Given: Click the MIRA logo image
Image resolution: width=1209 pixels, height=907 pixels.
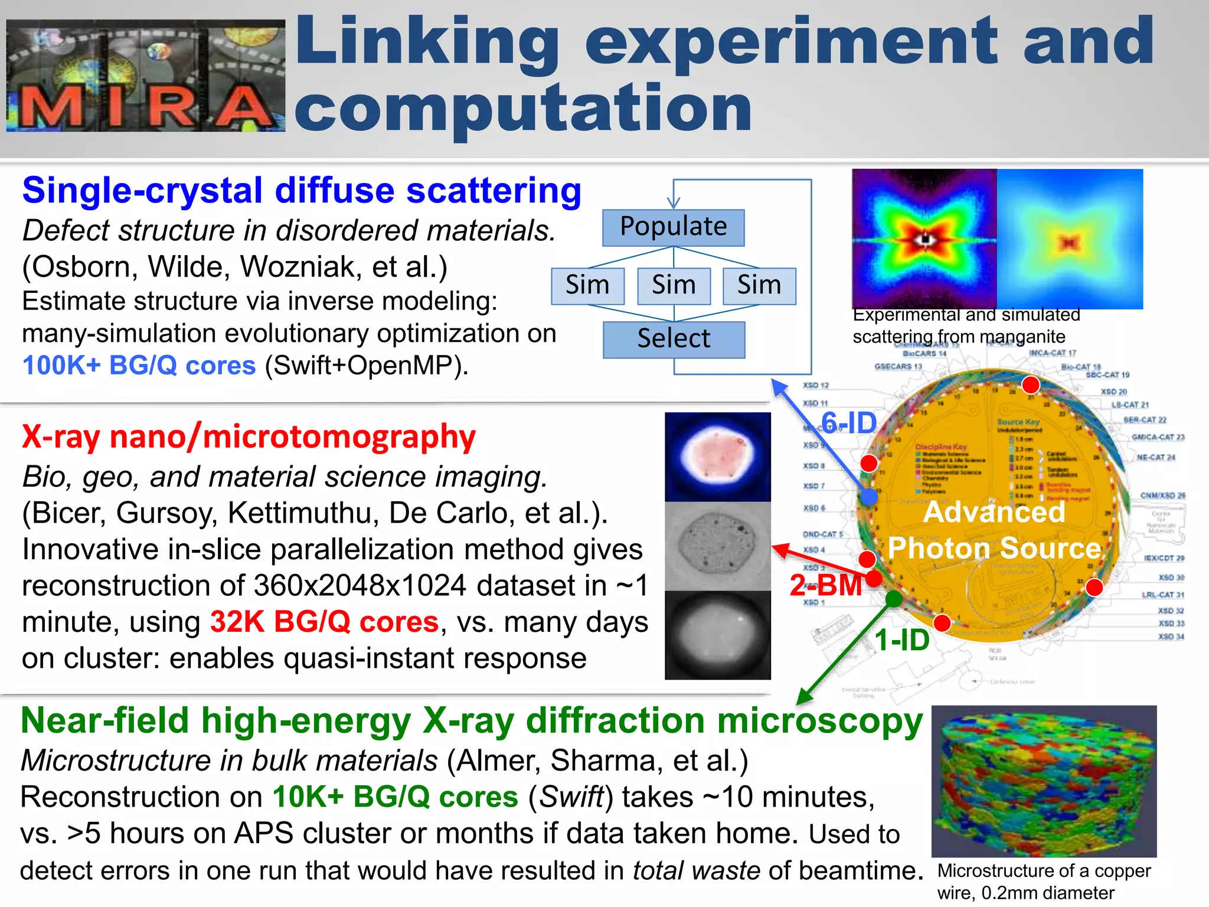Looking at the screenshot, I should pos(145,76).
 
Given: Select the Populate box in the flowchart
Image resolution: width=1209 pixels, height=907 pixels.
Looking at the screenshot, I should pos(673,227).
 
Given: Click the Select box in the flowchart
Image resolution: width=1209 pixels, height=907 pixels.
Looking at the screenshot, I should pos(674,340).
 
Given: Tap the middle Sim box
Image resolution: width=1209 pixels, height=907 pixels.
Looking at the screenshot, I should pos(674,286).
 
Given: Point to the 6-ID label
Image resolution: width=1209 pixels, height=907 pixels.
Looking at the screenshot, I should pos(849,423).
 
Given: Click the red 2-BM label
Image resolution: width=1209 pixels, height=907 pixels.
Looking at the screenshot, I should pos(825,586).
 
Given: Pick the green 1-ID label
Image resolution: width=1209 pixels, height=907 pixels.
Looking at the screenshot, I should pos(901,640).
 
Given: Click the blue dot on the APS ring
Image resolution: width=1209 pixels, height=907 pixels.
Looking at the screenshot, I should pos(868,497).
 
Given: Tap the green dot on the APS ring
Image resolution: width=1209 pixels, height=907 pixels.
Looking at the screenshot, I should pos(894,599).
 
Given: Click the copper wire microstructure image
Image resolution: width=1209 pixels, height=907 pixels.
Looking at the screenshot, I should pos(1044,781).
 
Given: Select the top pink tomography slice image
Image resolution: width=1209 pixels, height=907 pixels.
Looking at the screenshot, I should pos(717,456).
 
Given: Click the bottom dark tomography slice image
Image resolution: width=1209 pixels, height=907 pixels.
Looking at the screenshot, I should pos(717,635).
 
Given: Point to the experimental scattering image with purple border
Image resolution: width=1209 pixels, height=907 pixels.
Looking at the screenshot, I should pos(924,239).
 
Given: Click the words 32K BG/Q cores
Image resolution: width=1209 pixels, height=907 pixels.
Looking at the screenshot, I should pos(324,622).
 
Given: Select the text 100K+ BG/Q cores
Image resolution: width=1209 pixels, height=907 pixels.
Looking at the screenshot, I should pos(139,366).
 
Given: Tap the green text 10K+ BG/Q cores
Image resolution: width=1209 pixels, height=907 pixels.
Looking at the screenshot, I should pos(395,797).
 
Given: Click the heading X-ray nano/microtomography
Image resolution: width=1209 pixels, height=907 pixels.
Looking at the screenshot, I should pos(249,437).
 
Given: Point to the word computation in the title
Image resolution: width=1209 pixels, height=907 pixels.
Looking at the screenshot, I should pos(522,108).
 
